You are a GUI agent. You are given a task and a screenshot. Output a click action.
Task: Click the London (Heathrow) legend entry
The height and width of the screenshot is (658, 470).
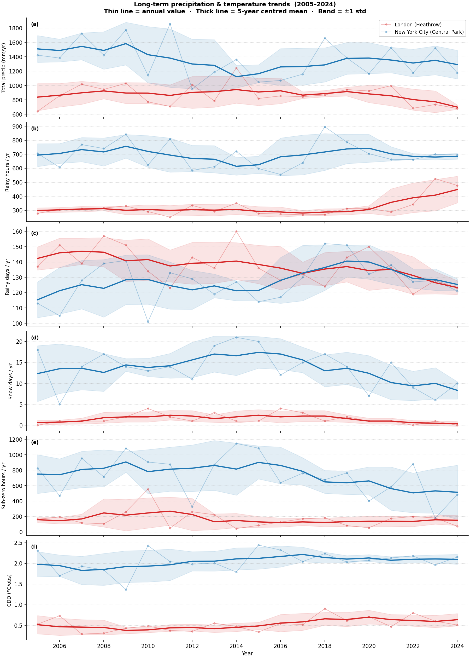pos(418,25)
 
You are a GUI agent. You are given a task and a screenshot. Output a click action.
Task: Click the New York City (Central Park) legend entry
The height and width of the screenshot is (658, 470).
pos(429,32)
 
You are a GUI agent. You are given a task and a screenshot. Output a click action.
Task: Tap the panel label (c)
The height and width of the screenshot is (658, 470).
pos(34,233)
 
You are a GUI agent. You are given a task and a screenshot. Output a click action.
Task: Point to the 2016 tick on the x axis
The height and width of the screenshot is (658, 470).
pos(280,646)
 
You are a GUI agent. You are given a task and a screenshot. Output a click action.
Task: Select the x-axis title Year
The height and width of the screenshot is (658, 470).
pos(247,653)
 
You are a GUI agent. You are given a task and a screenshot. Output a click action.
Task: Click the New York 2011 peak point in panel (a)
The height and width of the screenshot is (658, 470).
pos(170,24)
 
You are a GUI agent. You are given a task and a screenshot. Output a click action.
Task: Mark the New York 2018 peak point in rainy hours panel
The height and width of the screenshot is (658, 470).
pos(325,127)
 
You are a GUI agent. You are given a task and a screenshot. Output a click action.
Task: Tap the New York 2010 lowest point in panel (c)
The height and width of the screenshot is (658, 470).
pos(148,322)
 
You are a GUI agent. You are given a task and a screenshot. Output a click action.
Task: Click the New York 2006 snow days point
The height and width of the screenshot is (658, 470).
pos(60,404)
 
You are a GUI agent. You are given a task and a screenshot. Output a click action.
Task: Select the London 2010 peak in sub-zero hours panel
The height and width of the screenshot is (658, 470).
pos(148,489)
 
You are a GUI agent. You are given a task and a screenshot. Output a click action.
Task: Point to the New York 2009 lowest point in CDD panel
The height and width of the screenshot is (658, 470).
pos(126,590)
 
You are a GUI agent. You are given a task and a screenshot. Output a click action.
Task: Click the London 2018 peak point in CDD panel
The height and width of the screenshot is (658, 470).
pos(325,609)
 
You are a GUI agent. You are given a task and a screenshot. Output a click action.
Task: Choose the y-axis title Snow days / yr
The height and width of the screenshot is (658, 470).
pos(11,382)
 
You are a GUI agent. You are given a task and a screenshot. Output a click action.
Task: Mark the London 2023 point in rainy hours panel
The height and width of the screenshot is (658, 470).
pos(435,179)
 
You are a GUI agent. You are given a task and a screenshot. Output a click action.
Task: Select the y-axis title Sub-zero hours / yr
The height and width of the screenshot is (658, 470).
pos(4,486)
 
